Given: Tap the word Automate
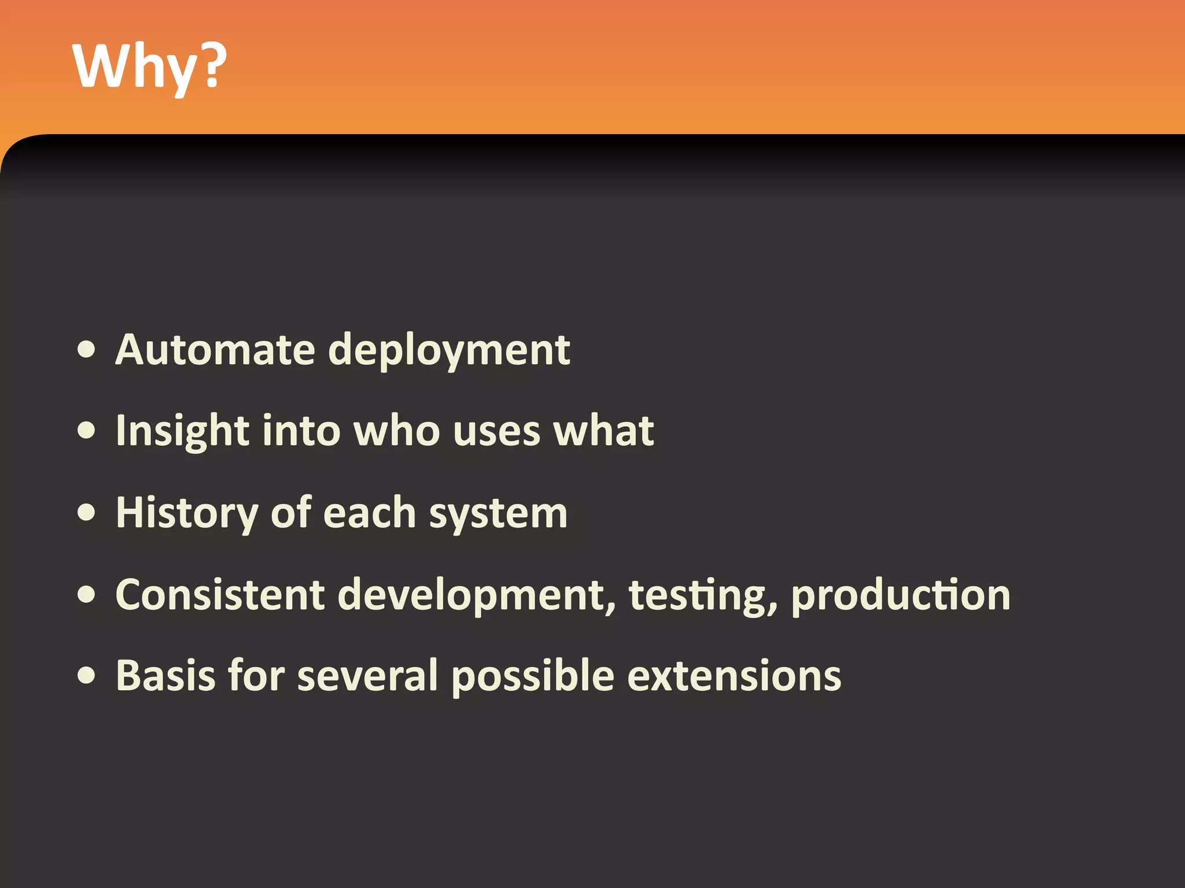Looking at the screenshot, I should [215, 350].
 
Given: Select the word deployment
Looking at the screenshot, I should [449, 351].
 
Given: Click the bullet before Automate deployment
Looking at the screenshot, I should [87, 350].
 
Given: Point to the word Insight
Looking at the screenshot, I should [182, 431].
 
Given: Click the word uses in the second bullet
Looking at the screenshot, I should [496, 431].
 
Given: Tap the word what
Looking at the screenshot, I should [603, 431].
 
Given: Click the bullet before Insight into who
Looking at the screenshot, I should [87, 431].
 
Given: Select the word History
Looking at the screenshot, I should [186, 513].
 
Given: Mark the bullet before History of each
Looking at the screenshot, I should [87, 513].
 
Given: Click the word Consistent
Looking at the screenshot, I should [220, 595].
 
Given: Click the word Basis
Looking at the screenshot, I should [165, 675].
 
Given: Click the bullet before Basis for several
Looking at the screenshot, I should [87, 675].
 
